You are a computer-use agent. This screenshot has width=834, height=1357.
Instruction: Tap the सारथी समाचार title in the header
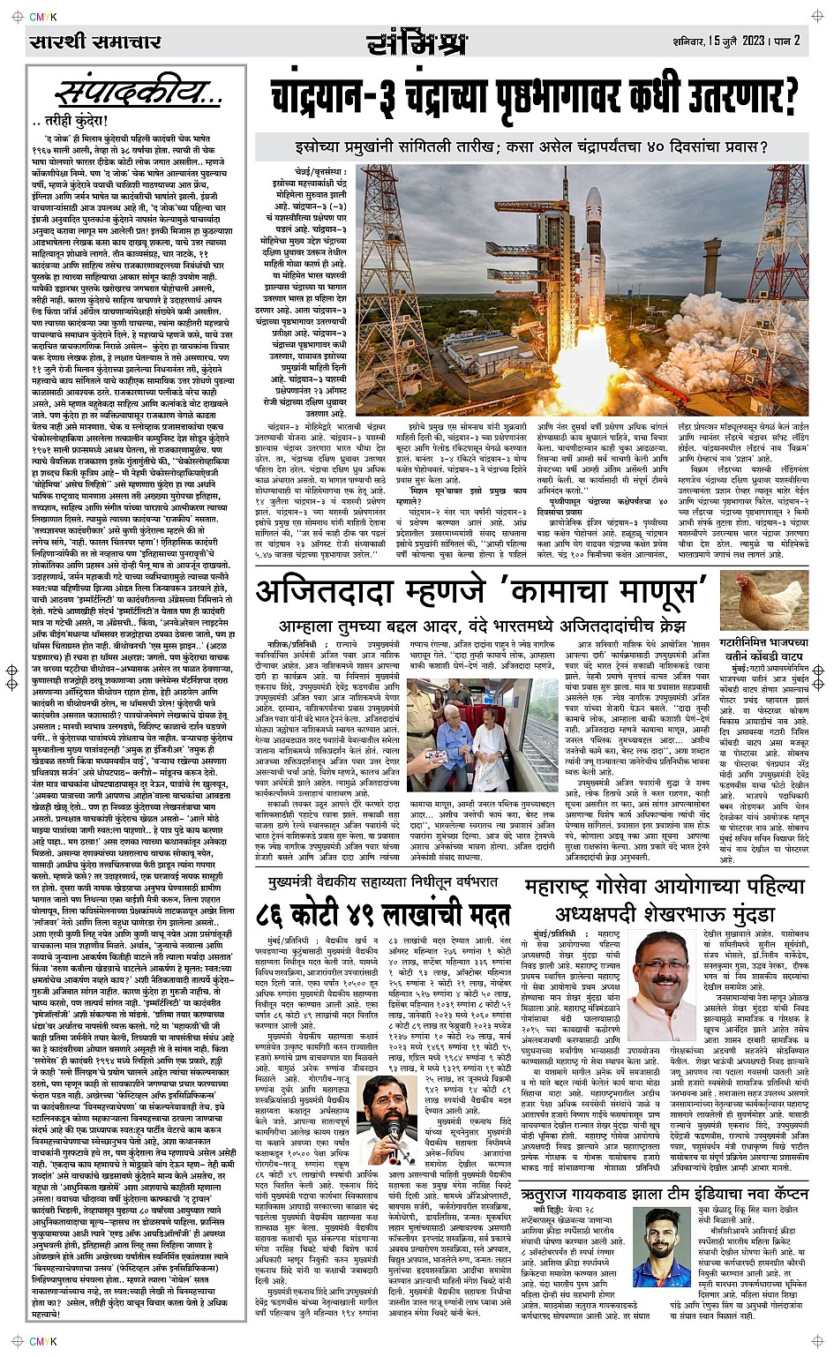(94, 41)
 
